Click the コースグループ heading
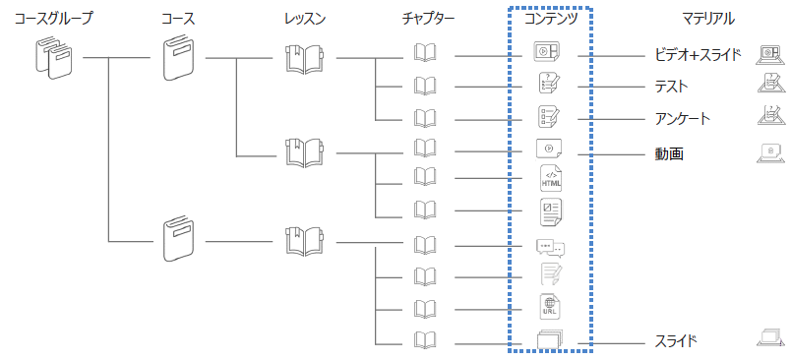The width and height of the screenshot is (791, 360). click(x=53, y=19)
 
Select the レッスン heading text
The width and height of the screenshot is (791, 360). click(x=305, y=19)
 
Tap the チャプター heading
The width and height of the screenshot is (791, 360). click(x=429, y=19)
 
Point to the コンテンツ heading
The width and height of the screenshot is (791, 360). click(x=550, y=19)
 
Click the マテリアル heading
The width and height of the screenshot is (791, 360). click(x=708, y=19)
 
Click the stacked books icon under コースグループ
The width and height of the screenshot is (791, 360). click(x=54, y=58)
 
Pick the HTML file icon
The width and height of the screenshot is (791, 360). click(x=550, y=178)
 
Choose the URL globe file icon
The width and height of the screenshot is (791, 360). click(x=550, y=306)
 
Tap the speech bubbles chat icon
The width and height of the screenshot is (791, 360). click(x=550, y=247)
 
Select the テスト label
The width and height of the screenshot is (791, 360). click(x=671, y=87)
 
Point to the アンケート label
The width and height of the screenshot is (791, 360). click(x=682, y=119)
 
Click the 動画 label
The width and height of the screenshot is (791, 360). click(x=669, y=153)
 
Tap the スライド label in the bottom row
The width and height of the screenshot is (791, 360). click(x=676, y=341)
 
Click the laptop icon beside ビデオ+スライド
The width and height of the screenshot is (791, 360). click(x=770, y=55)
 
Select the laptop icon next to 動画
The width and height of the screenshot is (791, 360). click(x=770, y=153)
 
